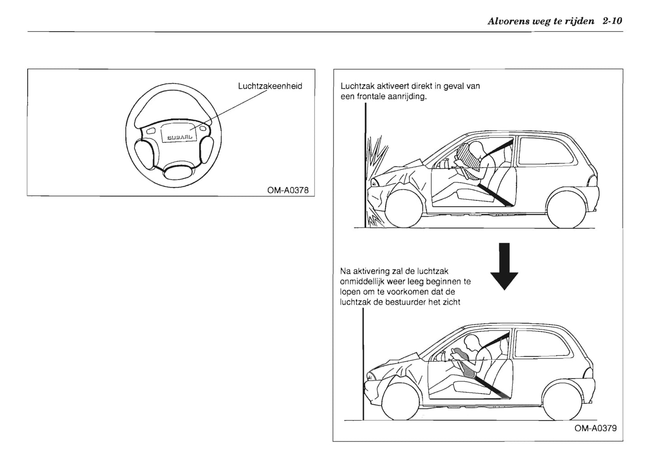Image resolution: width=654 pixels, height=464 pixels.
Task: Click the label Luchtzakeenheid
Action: pyautogui.click(x=270, y=86)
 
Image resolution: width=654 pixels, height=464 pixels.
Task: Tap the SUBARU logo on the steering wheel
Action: pyautogui.click(x=180, y=136)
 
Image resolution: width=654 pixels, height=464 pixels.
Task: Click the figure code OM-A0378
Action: pyautogui.click(x=288, y=190)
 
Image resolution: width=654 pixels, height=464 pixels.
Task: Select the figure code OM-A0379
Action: pyautogui.click(x=595, y=428)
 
